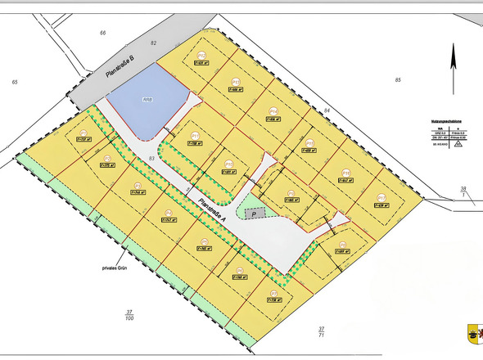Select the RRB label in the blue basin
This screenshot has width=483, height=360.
pos(147,101)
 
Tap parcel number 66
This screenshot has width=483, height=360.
pos(103,33)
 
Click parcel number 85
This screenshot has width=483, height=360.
pos(398,79)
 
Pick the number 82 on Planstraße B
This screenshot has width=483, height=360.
pos(153,42)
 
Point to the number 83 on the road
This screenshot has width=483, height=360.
pos(152,158)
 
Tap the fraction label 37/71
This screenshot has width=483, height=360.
pos(321,331)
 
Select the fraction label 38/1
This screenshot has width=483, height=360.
pos(463,191)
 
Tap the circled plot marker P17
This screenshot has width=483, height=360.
pos(381,196)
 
